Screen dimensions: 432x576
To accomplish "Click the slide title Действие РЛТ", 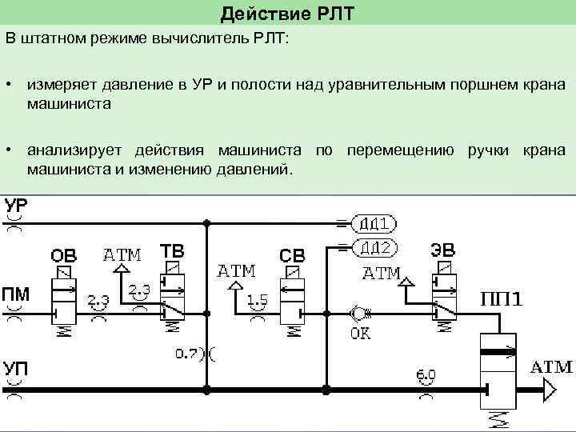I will (287, 13).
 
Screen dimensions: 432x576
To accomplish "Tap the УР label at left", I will (16, 206).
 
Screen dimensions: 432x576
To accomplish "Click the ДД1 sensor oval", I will (373, 222).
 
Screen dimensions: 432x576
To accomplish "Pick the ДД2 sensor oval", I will (373, 246).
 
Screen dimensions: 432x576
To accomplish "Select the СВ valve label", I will (292, 257).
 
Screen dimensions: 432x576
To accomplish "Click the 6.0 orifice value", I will (426, 374).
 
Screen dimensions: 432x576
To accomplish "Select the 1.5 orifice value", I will (257, 300).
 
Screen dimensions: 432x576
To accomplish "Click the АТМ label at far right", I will (552, 367).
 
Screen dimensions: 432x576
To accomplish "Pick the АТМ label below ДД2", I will (382, 273).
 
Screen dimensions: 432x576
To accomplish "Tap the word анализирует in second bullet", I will (77, 150).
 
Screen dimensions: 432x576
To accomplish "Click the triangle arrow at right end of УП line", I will (548, 390).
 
